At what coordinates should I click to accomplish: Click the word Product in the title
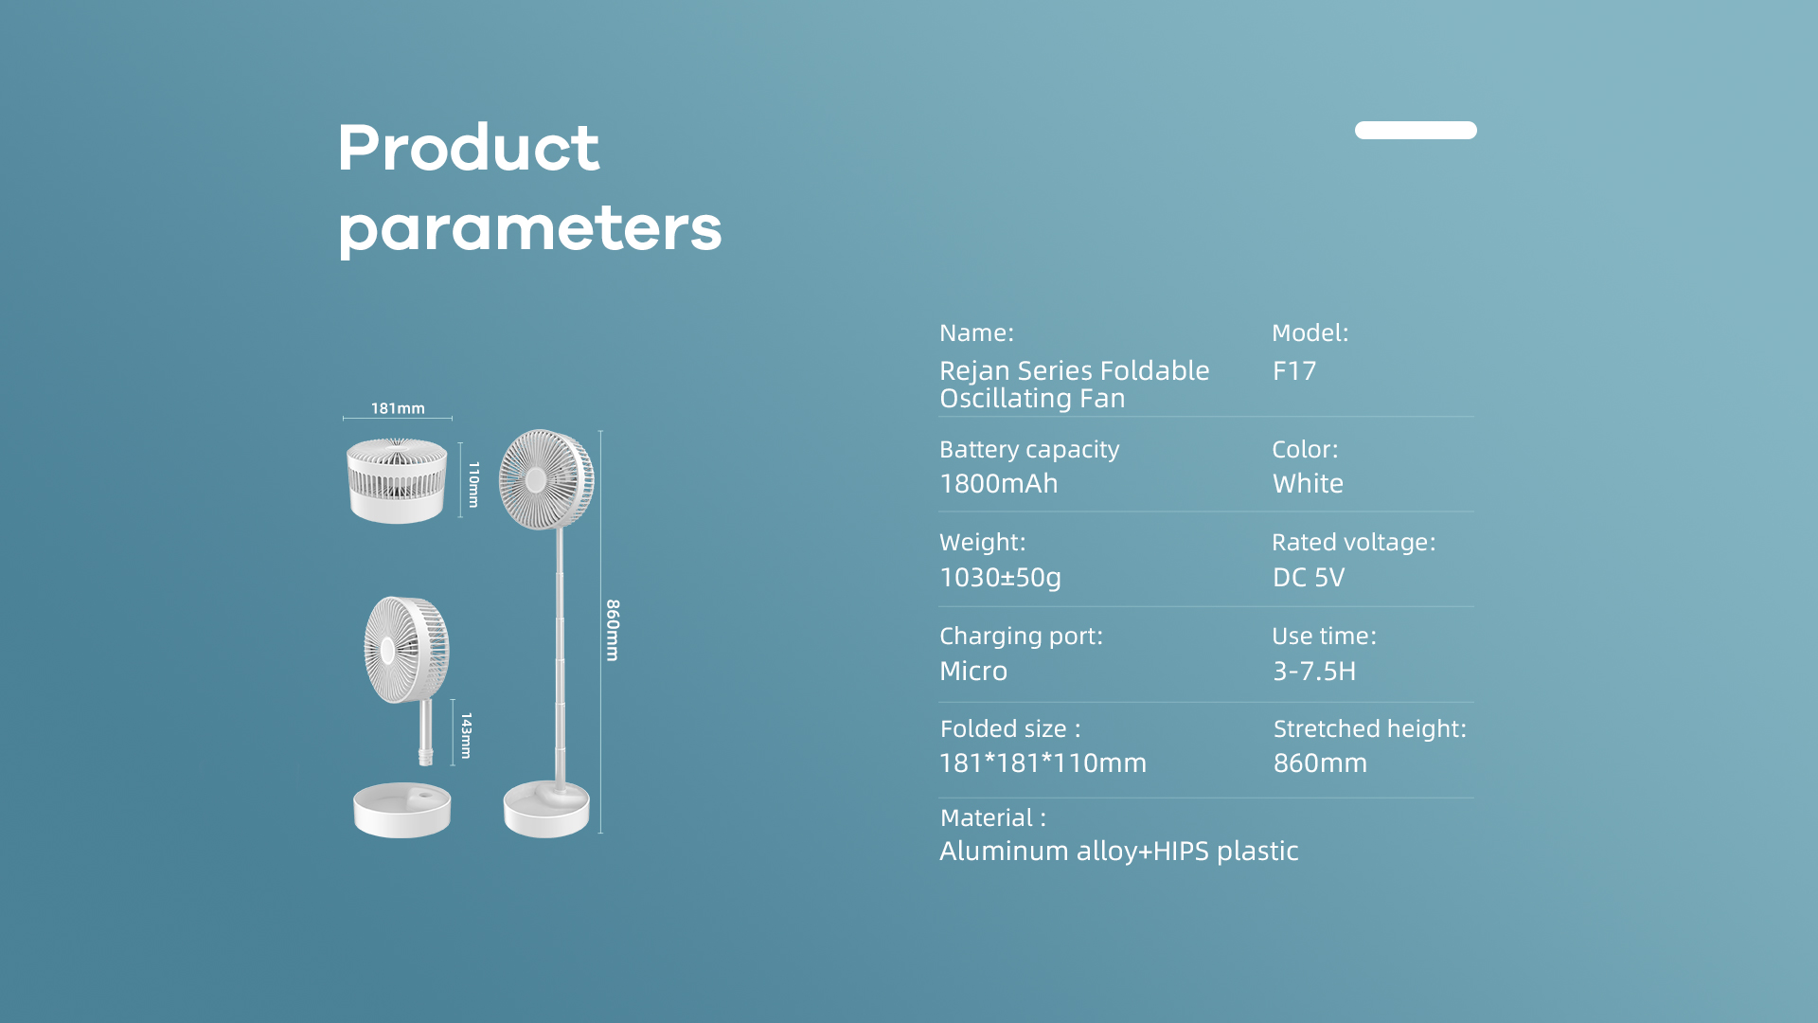click(469, 148)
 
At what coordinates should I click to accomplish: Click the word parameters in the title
click(530, 229)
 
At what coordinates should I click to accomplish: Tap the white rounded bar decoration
click(1416, 130)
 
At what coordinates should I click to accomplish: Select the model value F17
click(1294, 370)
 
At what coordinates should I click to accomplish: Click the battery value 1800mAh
click(999, 483)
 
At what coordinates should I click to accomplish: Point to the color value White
click(1308, 483)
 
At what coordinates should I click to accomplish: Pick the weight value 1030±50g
click(1000, 578)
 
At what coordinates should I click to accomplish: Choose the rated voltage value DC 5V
click(1309, 577)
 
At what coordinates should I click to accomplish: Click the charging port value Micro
click(973, 671)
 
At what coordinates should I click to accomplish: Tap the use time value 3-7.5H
click(1314, 671)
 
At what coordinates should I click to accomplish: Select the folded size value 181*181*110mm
click(1043, 763)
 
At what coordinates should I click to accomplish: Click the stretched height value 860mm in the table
click(1320, 763)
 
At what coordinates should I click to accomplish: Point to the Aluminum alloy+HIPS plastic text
click(1119, 852)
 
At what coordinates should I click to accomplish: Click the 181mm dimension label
click(398, 408)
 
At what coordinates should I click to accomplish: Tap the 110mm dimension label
click(473, 484)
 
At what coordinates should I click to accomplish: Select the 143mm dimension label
click(466, 736)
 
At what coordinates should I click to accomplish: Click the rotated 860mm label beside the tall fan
click(613, 630)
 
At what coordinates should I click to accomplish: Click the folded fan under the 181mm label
click(397, 480)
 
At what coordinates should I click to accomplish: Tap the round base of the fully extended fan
click(546, 809)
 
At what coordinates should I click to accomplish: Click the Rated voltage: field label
click(1354, 542)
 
